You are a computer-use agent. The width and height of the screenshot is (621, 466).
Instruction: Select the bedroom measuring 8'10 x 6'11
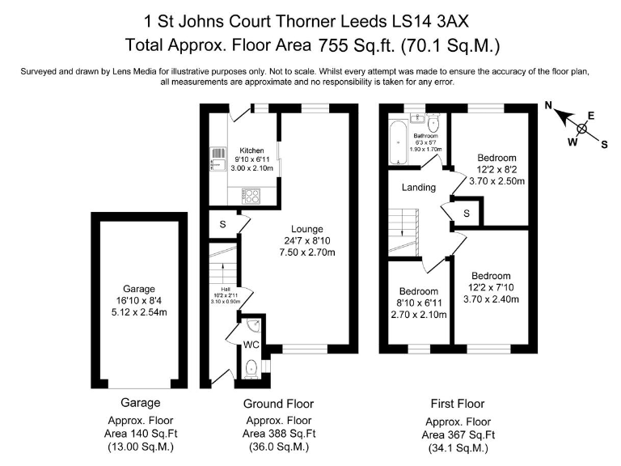pyautogui.click(x=418, y=291)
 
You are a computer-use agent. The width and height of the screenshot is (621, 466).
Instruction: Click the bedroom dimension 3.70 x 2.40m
pyautogui.click(x=492, y=299)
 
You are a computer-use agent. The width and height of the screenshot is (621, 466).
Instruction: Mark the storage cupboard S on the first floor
pyautogui.click(x=467, y=213)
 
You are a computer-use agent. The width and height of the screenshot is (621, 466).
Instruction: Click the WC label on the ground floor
pyautogui.click(x=251, y=345)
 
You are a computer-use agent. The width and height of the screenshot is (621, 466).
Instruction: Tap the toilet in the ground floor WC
pyautogui.click(x=251, y=366)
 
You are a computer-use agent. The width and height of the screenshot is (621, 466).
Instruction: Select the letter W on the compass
pyautogui.click(x=572, y=142)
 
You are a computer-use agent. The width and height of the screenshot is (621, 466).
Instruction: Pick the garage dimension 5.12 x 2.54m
pyautogui.click(x=139, y=312)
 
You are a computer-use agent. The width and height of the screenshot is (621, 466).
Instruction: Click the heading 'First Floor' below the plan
pyautogui.click(x=458, y=403)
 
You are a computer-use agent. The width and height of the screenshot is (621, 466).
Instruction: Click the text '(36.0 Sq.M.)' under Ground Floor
pyautogui.click(x=278, y=447)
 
